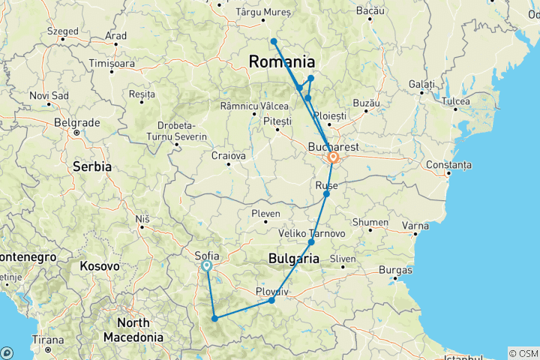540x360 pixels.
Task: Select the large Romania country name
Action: [281, 61]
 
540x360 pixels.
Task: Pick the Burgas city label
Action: [395, 268]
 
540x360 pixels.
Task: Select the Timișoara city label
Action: [112, 64]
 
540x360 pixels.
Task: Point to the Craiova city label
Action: [229, 156]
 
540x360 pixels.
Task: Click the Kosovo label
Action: [100, 265]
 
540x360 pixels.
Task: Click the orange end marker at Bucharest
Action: [332, 158]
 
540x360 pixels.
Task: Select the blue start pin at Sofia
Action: [206, 265]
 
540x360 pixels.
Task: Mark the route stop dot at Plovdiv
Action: [271, 301]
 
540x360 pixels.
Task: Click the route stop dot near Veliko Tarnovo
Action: [311, 243]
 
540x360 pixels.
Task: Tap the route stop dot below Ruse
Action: [326, 194]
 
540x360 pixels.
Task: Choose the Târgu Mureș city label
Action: [262, 12]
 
